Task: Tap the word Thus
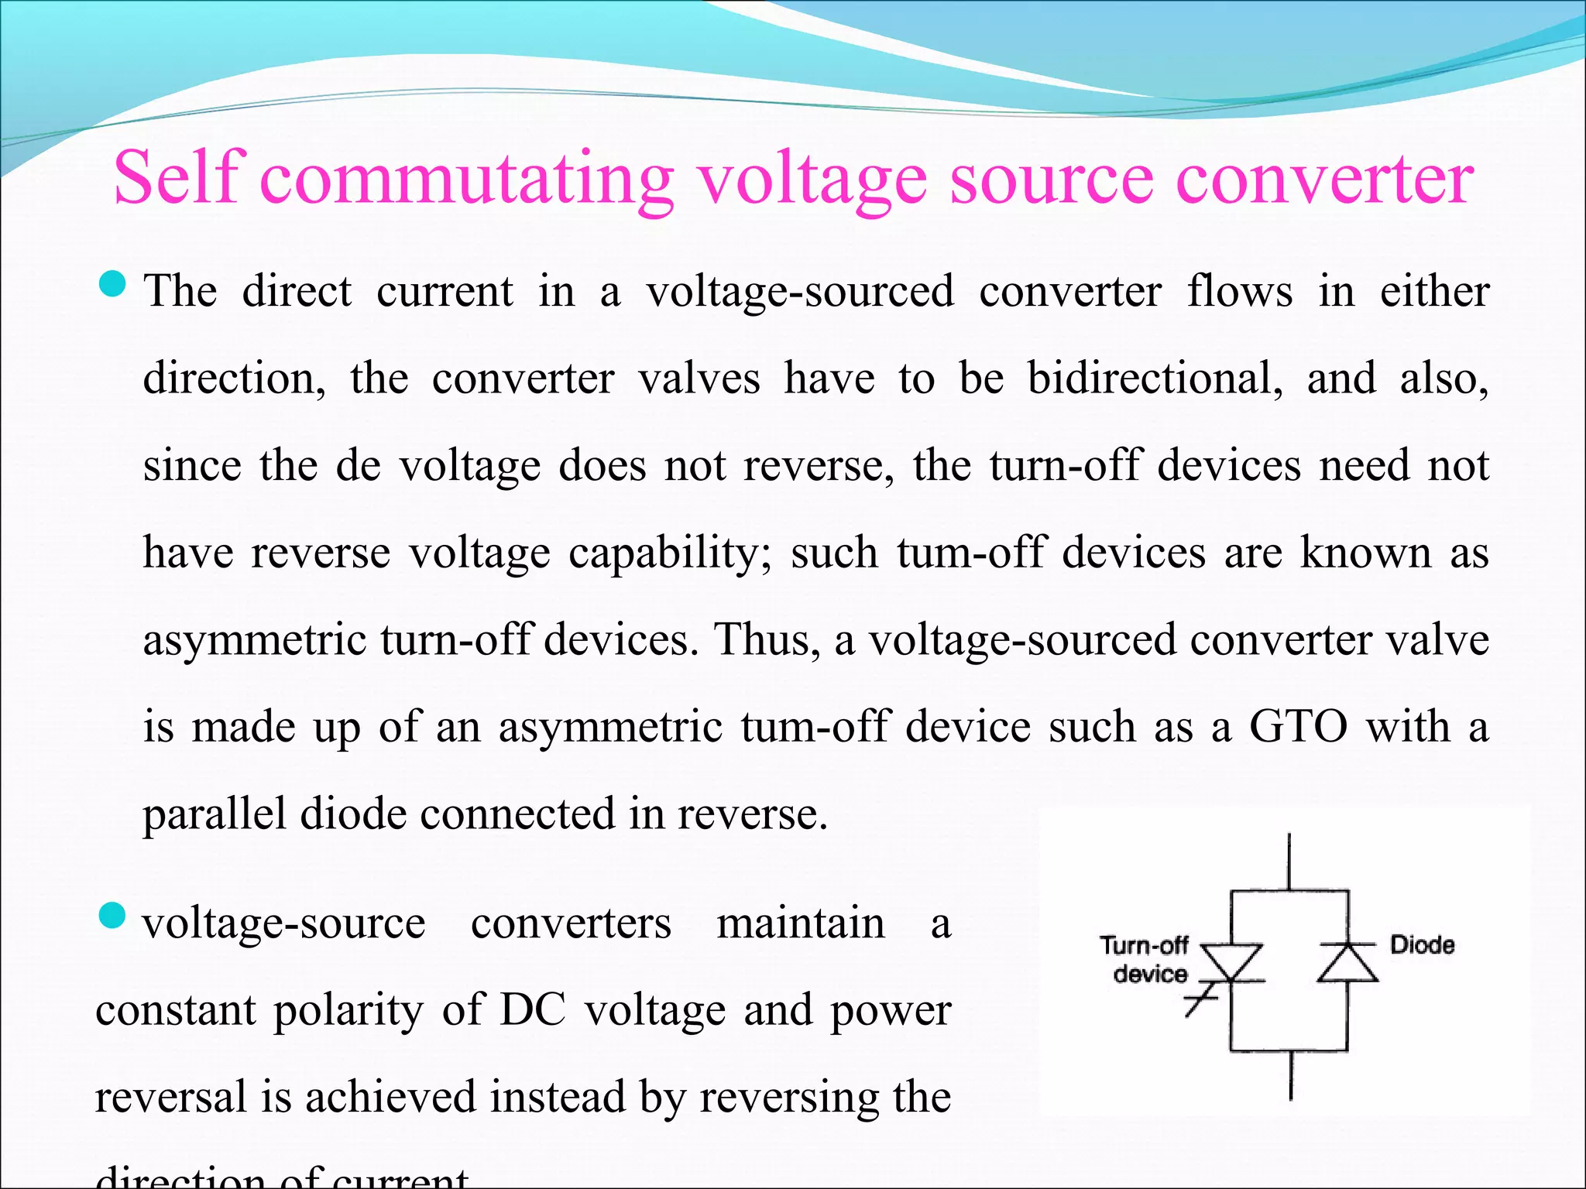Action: tap(767, 640)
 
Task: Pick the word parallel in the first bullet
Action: tap(215, 814)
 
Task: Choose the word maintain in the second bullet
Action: tap(801, 923)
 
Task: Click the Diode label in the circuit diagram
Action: tap(1422, 944)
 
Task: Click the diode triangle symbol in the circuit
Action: tap(1347, 964)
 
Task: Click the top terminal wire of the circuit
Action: tap(1289, 861)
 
